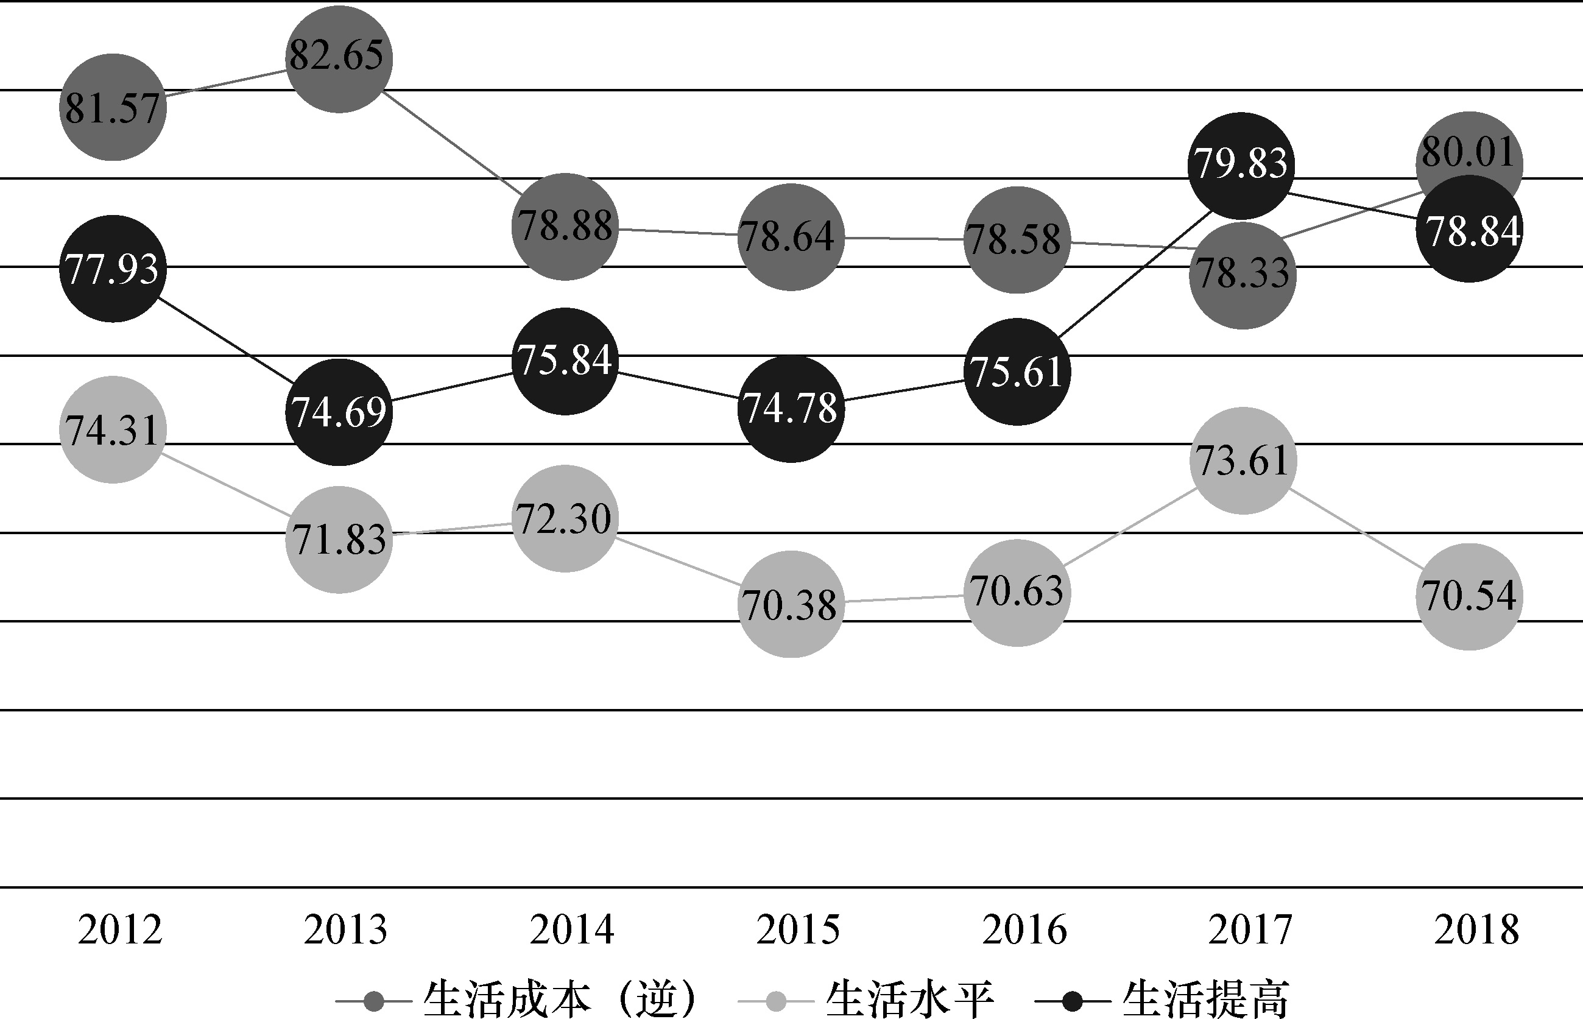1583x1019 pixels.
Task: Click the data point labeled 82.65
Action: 339,59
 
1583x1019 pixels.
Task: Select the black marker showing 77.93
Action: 113,269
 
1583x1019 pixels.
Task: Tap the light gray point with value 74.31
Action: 113,429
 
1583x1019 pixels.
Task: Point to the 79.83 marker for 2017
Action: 1241,166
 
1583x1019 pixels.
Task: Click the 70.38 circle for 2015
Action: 791,604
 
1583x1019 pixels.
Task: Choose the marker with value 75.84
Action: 565,361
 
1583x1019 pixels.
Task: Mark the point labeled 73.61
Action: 1243,460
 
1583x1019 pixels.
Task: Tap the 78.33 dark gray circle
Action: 1243,275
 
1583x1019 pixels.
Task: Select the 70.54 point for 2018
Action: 1468,596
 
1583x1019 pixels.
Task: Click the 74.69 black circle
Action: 339,412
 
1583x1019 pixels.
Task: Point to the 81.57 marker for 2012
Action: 113,107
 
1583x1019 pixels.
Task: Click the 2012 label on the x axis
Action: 120,929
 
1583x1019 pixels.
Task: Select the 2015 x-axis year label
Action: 798,929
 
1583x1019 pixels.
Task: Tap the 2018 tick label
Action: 1476,929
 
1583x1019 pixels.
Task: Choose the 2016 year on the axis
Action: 1024,929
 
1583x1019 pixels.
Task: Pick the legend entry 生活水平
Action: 910,999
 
